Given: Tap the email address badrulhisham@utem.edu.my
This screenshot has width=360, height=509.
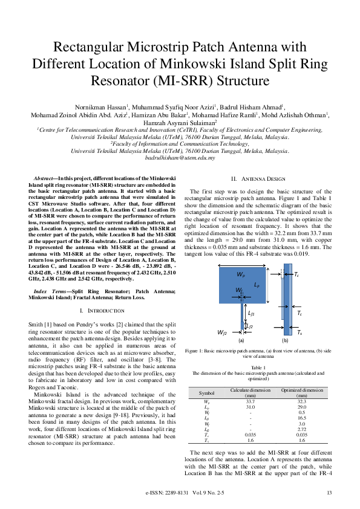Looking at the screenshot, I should coord(180,157).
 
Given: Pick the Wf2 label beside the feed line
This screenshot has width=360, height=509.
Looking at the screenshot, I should coord(222,332).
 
